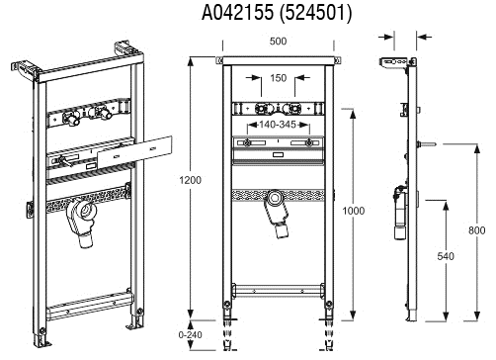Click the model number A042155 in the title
pos(237,13)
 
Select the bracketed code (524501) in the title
pos(315,13)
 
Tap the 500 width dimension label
pos(278,42)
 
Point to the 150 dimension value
pos(279,78)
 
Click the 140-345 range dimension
pos(278,125)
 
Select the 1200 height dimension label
pos(190,180)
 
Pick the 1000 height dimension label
pos(354,211)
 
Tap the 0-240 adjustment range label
pos(190,335)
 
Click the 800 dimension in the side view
pos(476,230)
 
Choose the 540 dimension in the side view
pos(446,256)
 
